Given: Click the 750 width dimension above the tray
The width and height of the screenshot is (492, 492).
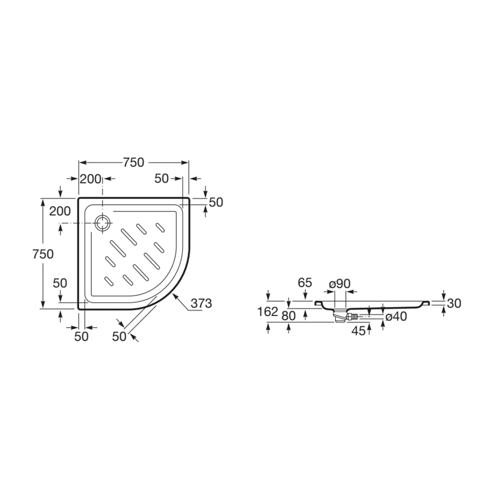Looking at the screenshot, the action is click(134, 163).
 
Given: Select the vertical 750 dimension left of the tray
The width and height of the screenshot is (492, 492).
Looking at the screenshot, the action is click(43, 254).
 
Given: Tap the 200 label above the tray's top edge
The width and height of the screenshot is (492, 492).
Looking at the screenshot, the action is click(90, 179).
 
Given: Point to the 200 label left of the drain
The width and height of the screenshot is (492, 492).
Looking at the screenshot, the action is click(60, 212).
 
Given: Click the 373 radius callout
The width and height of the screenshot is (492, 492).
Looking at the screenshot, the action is click(201, 303).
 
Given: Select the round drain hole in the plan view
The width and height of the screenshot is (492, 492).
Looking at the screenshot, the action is click(103, 223).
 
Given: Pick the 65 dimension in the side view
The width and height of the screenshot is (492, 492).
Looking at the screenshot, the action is click(305, 282).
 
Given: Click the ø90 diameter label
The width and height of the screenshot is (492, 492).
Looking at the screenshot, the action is click(339, 283).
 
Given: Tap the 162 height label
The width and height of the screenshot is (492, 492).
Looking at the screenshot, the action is click(268, 312).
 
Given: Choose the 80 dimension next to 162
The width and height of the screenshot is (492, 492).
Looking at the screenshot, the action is click(289, 317).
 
